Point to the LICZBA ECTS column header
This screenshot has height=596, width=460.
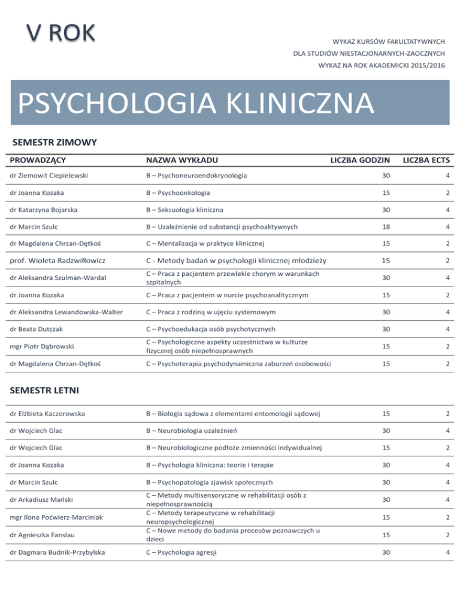tap(426, 160)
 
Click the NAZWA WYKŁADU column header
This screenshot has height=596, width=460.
tap(183, 160)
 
